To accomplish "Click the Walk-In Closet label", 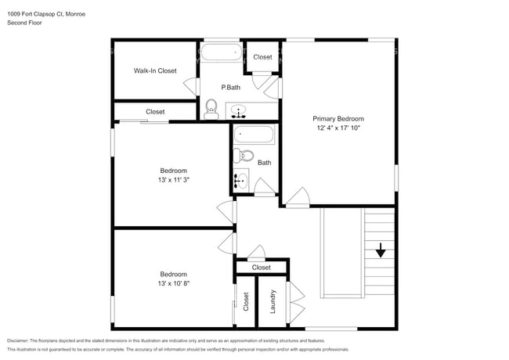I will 154,70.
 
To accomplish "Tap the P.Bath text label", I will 230,87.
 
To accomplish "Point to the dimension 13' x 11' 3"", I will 173,179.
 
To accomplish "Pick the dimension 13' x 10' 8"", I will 173,283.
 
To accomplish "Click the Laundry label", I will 273,302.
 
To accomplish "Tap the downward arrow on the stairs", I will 381,251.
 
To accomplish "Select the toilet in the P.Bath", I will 211,108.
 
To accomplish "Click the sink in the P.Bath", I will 238,110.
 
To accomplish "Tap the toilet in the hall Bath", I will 244,155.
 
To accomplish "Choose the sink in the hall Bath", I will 240,181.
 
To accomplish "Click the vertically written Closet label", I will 246,302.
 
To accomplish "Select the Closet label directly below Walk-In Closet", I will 155,111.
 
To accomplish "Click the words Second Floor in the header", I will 24,23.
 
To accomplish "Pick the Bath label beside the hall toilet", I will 265,163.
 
